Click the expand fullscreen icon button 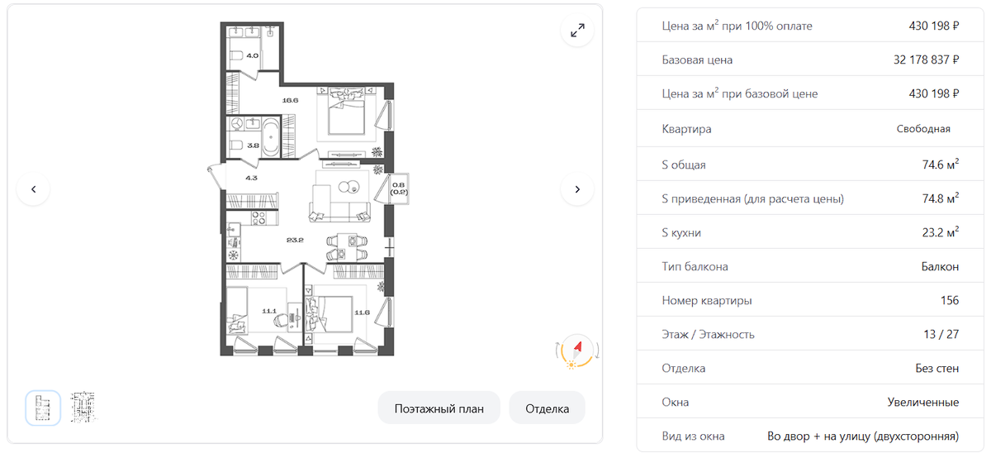[577, 31]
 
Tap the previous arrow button [33, 189]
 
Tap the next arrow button [577, 189]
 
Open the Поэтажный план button [439, 408]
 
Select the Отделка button [548, 408]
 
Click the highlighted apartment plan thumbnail [43, 408]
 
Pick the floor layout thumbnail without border [83, 407]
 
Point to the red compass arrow [577, 348]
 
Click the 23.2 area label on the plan [295, 240]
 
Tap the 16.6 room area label [290, 100]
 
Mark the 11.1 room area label [269, 311]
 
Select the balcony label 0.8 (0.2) [399, 188]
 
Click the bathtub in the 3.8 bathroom [270, 137]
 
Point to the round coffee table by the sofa [349, 187]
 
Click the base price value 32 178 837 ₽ [926, 60]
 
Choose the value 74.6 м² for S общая [940, 164]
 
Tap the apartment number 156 [950, 300]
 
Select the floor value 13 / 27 [941, 335]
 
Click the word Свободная [923, 129]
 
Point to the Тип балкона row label [695, 267]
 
